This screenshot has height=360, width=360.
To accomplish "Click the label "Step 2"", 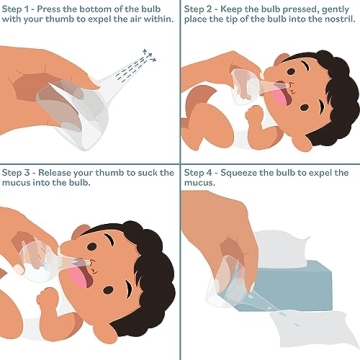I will [x=203, y=7].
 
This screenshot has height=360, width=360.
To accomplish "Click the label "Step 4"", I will [x=203, y=171].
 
